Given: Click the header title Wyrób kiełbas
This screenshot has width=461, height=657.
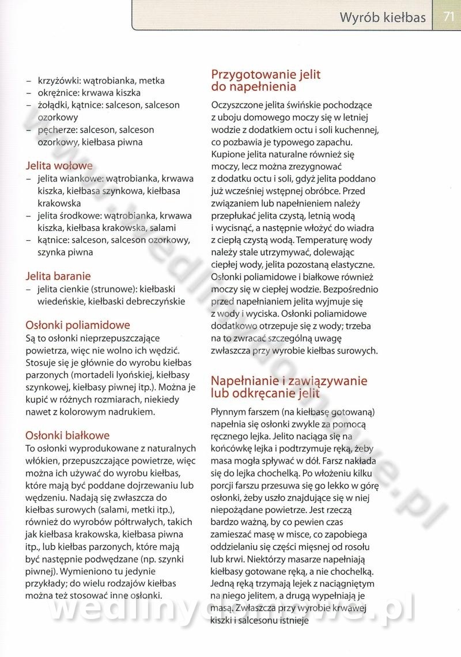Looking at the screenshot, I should [383, 17].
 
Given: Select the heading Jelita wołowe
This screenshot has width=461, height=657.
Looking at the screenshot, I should [59, 166].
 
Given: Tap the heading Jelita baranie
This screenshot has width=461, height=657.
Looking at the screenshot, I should [58, 276].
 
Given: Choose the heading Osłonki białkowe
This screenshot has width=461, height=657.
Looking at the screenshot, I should [68, 435].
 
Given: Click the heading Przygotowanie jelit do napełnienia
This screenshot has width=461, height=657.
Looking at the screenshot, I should [266, 81].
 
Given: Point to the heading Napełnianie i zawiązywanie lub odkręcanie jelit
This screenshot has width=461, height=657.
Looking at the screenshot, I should [289, 387].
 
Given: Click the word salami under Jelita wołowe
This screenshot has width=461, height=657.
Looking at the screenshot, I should [177, 228].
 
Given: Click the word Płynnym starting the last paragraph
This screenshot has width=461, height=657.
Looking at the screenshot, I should [229, 412].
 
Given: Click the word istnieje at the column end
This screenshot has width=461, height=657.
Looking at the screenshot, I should [290, 620].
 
